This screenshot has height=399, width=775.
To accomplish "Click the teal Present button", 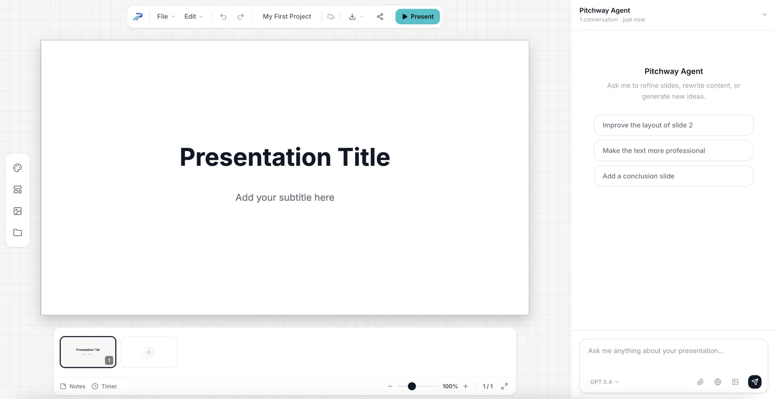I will tap(417, 16).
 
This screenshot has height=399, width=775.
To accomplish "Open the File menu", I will tap(166, 16).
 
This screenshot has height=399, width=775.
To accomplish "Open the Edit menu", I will tap(193, 16).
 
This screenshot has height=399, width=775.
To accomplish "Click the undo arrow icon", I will tap(223, 16).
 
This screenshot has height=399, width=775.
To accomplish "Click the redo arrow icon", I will tap(241, 16).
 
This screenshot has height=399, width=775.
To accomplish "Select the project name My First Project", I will tap(287, 16).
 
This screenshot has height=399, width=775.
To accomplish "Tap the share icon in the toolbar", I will tap(380, 16).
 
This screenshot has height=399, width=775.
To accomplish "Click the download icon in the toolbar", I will tap(352, 16).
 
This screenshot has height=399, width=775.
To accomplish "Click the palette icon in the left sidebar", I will tap(17, 168).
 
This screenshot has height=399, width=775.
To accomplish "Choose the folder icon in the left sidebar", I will tap(17, 233).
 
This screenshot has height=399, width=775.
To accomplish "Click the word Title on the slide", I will tap(363, 157).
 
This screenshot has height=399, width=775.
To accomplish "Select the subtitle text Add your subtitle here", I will tap(285, 197).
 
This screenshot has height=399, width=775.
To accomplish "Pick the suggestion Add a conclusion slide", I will tap(673, 176).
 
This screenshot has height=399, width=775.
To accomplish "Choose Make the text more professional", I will tap(673, 150).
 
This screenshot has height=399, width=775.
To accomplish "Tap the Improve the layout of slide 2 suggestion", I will tap(673, 125).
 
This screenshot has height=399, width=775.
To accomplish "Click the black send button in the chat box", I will tap(754, 382).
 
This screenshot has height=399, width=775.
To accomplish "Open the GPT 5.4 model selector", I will tap(604, 382).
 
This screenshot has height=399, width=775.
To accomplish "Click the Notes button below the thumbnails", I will tap(73, 386).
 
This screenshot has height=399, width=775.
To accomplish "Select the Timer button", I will tap(105, 386).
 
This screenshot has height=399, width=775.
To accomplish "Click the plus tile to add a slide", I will tap(149, 352).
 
